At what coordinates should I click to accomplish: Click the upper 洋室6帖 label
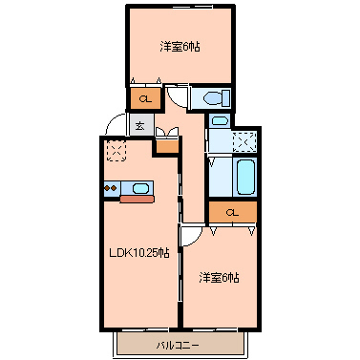180,46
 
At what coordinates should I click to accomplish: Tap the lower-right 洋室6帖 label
219,278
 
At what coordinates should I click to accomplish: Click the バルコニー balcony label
180,342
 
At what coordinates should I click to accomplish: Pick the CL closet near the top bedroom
144,98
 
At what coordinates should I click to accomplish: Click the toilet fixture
212,97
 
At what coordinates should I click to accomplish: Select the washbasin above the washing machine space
219,121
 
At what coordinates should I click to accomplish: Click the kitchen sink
140,187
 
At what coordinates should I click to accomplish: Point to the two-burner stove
110,187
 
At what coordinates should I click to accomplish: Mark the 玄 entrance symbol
139,124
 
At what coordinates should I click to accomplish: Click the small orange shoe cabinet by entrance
166,145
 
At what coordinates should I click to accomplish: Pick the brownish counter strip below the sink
135,200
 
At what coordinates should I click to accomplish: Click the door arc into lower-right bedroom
191,235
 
